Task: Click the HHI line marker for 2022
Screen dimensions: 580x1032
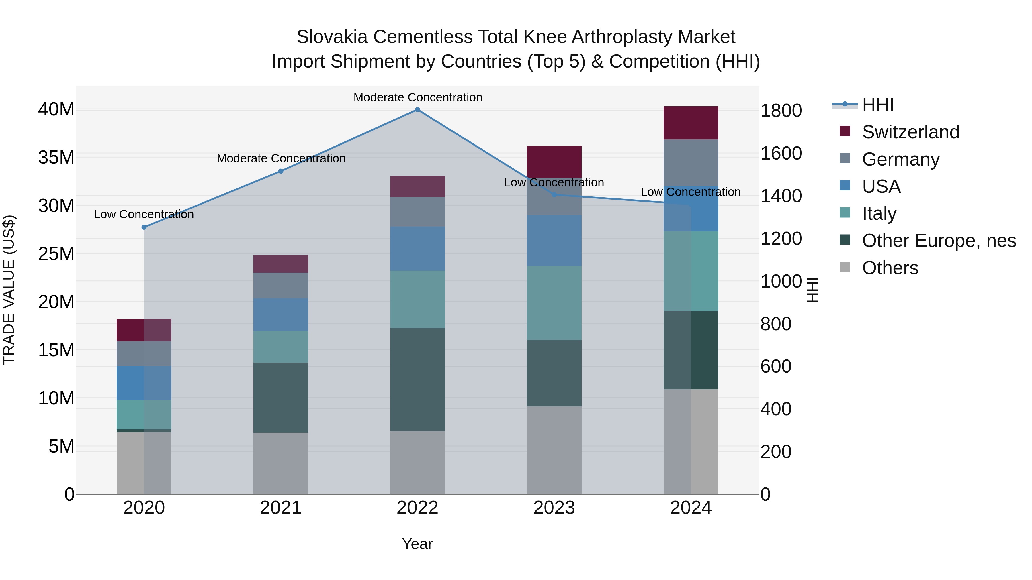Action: click(417, 110)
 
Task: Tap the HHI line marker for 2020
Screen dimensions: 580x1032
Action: click(144, 227)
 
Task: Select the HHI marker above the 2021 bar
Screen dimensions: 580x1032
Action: click(281, 171)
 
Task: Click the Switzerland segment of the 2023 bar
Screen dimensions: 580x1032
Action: click(554, 162)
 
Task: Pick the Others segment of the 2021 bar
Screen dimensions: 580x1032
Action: click(281, 463)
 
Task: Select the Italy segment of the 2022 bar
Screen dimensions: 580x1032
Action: click(417, 299)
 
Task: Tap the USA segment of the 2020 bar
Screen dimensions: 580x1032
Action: click(144, 383)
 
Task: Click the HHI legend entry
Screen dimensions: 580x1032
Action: click(877, 105)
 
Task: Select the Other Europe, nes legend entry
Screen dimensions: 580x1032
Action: click(939, 241)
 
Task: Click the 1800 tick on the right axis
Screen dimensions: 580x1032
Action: click(781, 111)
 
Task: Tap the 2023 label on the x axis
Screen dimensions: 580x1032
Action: click(554, 508)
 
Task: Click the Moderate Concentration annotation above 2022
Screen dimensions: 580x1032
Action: click(417, 97)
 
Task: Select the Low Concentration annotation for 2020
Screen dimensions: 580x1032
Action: click(144, 215)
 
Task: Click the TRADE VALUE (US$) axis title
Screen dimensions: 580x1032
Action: click(9, 290)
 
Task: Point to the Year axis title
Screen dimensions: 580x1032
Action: click(417, 544)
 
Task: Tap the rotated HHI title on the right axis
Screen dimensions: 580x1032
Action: click(812, 290)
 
